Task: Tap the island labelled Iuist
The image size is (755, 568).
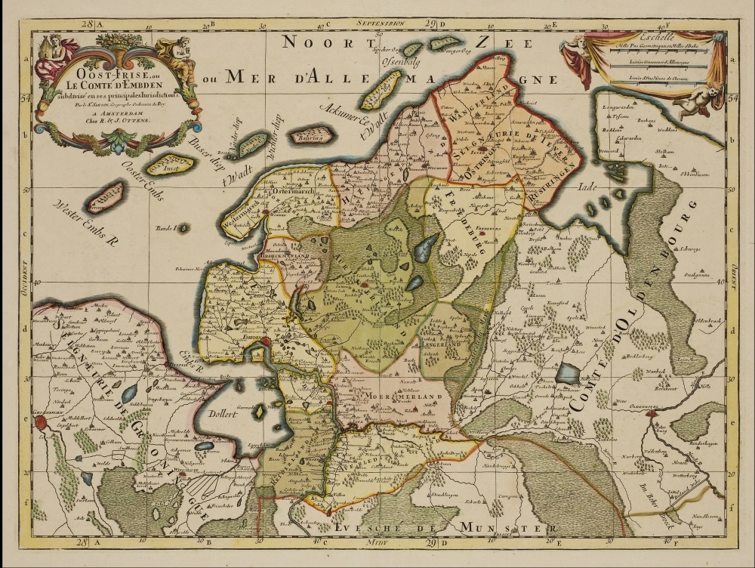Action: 169,164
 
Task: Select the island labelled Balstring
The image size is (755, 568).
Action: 311,136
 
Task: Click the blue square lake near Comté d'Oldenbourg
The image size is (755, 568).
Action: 568,373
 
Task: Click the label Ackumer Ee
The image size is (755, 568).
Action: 342,118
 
